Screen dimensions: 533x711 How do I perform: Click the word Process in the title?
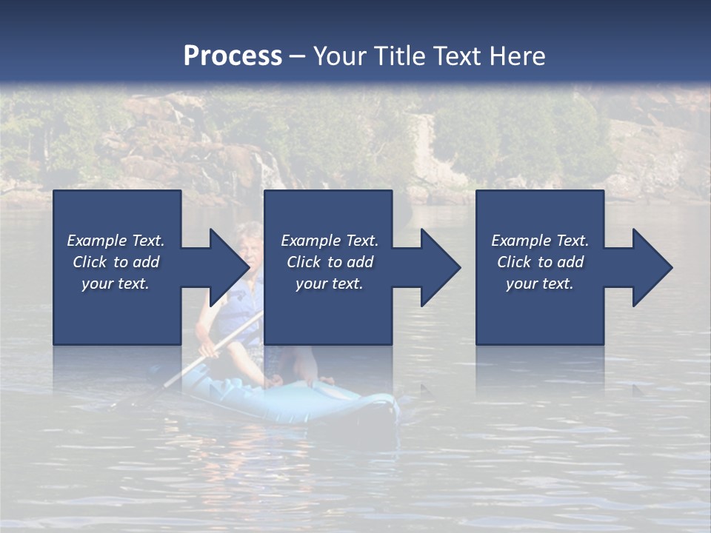(x=233, y=56)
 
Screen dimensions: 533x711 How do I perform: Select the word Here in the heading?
(x=518, y=56)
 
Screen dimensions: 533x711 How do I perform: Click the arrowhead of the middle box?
(x=437, y=267)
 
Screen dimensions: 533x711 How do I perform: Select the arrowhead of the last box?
(x=649, y=267)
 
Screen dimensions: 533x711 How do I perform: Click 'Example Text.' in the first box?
(x=116, y=241)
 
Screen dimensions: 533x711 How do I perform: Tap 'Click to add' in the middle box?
(x=330, y=262)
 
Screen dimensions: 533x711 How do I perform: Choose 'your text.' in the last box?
(x=539, y=284)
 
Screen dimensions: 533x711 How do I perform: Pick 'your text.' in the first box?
(x=116, y=284)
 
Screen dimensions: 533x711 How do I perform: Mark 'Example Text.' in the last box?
(x=539, y=241)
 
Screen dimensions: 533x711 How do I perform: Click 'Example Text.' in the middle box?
(x=330, y=241)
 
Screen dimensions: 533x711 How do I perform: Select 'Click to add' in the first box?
(x=116, y=262)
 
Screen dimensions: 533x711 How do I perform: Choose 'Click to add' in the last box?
(x=540, y=262)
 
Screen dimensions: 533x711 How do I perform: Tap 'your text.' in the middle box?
(x=330, y=284)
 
